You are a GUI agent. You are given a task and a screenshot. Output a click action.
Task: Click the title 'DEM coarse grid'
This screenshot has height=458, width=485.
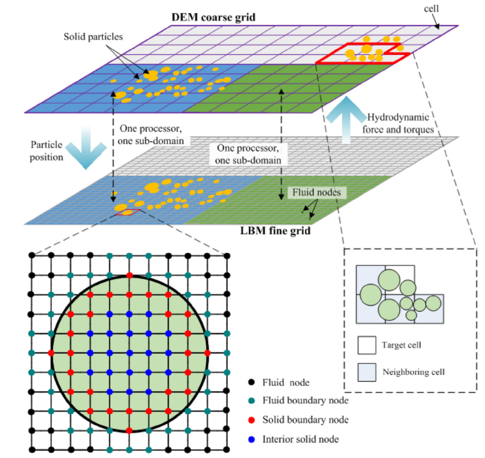click(213, 18)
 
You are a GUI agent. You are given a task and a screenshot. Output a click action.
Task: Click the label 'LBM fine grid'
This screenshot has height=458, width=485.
click(275, 231)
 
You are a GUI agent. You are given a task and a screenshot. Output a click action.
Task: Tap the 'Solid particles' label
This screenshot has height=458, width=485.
click(93, 37)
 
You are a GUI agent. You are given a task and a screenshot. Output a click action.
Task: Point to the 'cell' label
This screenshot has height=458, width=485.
click(431, 9)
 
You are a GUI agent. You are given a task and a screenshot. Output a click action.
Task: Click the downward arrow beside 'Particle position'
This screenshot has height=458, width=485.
click(86, 148)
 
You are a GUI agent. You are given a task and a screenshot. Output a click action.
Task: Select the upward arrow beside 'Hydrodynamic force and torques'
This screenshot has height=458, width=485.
click(346, 119)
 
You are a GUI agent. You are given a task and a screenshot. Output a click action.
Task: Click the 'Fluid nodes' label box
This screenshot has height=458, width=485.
click(317, 192)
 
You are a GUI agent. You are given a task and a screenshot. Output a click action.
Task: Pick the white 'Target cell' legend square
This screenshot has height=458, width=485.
click(367, 345)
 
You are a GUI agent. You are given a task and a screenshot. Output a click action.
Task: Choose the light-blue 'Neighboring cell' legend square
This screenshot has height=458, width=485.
click(367, 372)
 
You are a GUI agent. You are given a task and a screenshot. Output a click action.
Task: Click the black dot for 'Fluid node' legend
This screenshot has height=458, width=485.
click(251, 383)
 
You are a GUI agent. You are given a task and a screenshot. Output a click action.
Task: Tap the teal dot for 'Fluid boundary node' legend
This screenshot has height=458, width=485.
click(251, 401)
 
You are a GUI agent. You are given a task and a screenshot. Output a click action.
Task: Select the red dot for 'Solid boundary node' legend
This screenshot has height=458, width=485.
click(251, 420)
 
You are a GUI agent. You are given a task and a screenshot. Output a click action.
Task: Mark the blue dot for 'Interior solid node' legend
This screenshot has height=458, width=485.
click(251, 440)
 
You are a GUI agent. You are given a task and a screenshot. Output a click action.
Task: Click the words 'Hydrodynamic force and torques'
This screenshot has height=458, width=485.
click(398, 123)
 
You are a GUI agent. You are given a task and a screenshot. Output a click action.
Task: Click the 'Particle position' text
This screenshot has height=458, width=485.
click(46, 151)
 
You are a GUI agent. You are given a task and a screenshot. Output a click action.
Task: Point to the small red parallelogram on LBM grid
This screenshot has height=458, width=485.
click(127, 212)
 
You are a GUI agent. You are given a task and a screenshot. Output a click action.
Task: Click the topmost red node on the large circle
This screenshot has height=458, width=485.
click(130, 275)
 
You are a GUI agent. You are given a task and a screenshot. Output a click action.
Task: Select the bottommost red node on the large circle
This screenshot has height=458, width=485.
click(130, 430)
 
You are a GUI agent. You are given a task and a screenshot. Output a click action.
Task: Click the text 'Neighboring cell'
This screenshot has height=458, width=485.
click(414, 372)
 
